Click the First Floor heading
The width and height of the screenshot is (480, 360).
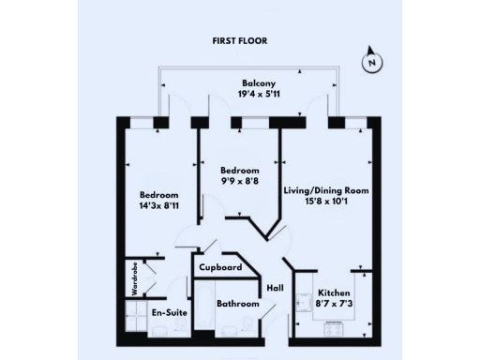pyautogui.click(x=239, y=42)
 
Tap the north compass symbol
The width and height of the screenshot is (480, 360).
pyautogui.click(x=372, y=63)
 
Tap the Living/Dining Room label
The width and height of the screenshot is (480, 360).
pyautogui.click(x=326, y=190)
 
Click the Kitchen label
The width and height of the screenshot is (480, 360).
pyautogui.click(x=334, y=292)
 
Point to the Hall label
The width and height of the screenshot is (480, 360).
pyautogui.click(x=276, y=288)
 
